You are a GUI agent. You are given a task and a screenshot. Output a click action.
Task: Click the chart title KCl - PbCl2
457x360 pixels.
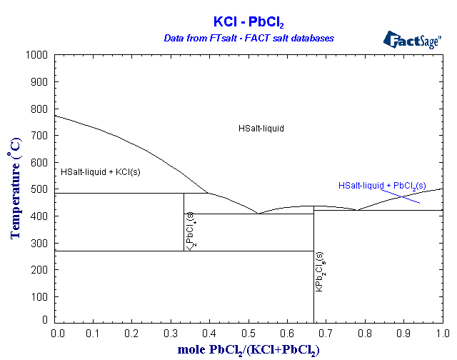(248, 22)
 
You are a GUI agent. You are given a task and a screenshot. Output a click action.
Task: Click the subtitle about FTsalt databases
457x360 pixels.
(248, 38)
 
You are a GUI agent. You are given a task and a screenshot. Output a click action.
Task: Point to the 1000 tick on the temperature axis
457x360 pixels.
(39, 55)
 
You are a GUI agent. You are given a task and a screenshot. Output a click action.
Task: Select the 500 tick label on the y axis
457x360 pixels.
(41, 189)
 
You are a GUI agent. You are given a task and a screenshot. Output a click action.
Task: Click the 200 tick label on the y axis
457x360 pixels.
(41, 270)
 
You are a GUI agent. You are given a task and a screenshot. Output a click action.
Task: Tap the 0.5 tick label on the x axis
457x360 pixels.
(248, 334)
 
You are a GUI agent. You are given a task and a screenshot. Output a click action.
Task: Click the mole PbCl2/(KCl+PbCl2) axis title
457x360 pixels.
(248, 350)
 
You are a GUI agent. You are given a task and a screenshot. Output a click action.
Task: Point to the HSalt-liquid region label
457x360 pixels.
(261, 129)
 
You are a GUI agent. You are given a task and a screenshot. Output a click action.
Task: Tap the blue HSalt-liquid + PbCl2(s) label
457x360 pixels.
(382, 186)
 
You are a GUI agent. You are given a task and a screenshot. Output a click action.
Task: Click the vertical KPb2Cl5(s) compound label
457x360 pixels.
(319, 271)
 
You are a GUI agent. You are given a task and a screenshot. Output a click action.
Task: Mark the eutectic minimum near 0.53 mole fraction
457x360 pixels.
(258, 213)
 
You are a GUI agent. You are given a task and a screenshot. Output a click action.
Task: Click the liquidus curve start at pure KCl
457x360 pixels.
(56, 116)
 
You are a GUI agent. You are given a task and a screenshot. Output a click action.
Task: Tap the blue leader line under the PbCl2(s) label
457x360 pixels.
(400, 196)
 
